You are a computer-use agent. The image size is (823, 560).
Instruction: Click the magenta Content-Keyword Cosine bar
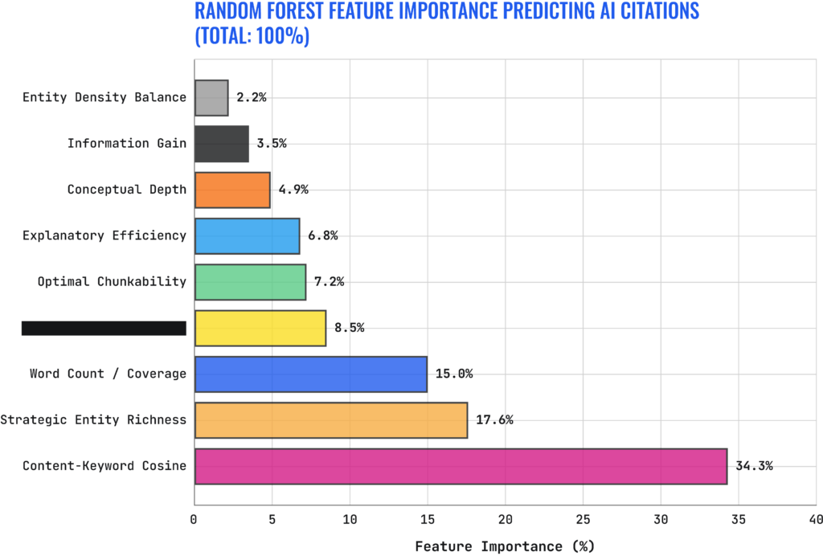coord(461,466)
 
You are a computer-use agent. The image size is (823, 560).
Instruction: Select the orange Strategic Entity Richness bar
coord(331,420)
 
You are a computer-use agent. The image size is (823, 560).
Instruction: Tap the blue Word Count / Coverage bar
coord(311,374)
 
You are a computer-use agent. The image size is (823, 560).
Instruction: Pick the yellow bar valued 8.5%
coord(260,328)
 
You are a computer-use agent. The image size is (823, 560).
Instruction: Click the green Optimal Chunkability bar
coord(250,282)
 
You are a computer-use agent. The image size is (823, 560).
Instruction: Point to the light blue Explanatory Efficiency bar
coord(247,235)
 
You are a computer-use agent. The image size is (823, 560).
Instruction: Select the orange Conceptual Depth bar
coord(232,190)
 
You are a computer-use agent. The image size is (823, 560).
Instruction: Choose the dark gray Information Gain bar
coord(222,144)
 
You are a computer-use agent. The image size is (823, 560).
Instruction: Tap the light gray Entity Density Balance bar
coord(211,97)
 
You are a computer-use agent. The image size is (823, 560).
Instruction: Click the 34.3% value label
coord(754,466)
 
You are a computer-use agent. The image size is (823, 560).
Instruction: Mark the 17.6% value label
coord(494,420)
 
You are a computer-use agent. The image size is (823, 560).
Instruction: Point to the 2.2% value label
coord(252,97)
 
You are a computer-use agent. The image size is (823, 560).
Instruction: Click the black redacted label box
coord(104,328)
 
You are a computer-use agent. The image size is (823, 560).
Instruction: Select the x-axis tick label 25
coord(583,520)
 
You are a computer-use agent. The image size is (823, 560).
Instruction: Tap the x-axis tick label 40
coord(815,520)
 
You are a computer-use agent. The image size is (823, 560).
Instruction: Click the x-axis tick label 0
coord(194,520)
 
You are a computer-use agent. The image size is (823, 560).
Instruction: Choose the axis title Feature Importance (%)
coord(505,546)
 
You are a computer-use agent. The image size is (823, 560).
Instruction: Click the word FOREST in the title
coord(314,11)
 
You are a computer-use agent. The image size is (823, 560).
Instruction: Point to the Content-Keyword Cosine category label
coord(104,466)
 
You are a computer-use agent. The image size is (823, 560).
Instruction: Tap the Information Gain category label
coord(126,144)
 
